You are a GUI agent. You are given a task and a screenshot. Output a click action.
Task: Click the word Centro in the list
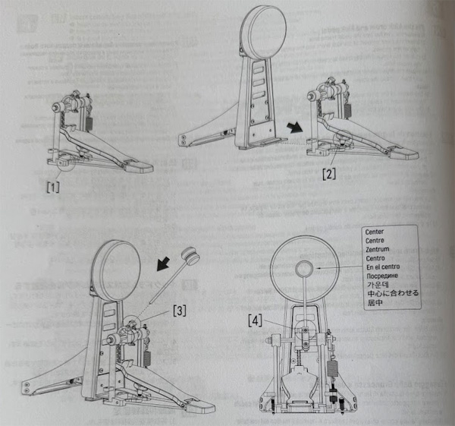click(x=377, y=257)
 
